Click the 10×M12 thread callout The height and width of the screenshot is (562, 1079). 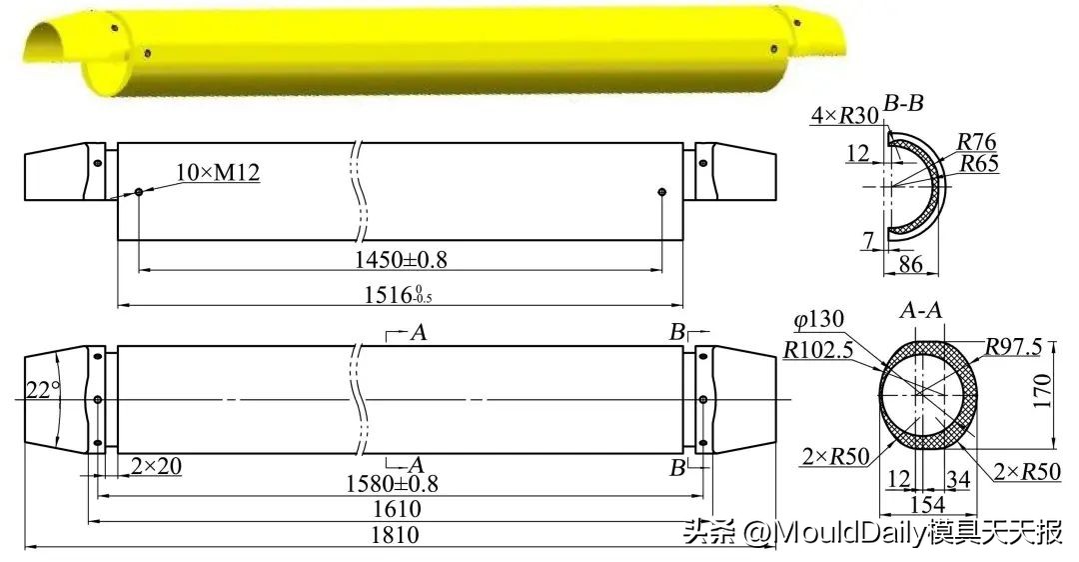tap(217, 173)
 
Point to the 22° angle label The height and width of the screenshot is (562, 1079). tap(42, 390)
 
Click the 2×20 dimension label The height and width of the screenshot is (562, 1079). tap(157, 465)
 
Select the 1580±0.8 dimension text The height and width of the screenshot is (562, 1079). tap(394, 484)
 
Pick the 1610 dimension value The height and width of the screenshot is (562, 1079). tap(395, 509)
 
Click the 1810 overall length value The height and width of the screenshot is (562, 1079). tap(395, 535)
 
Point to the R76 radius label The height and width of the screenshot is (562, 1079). tap(976, 142)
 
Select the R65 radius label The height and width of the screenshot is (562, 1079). tap(978, 164)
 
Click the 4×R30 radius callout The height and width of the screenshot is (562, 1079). tap(845, 115)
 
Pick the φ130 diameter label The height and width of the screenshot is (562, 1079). tap(818, 321)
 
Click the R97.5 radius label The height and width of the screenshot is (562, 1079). tap(1013, 346)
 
